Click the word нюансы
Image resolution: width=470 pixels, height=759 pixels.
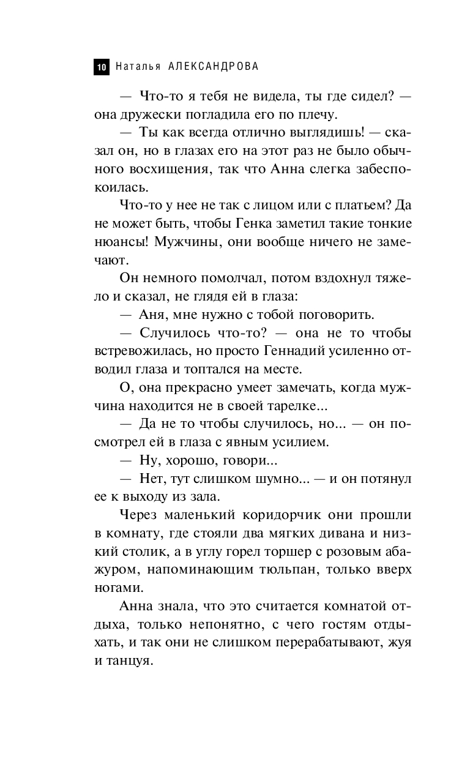tap(116, 242)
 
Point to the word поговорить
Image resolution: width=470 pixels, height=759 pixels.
tap(338, 315)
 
